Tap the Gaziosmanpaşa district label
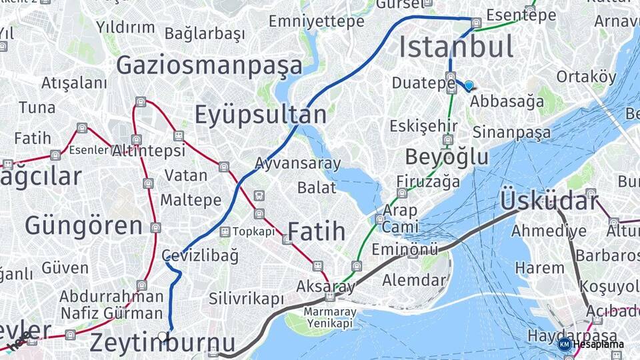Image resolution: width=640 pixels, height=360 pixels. [x=209, y=65]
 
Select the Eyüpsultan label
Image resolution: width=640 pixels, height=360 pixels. [x=260, y=115]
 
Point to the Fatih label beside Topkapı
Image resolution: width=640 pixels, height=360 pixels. [x=316, y=231]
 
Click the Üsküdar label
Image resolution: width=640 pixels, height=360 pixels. [x=548, y=200]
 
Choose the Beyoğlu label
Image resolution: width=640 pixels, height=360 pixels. [x=447, y=157]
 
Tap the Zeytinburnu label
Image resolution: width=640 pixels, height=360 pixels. [x=162, y=343]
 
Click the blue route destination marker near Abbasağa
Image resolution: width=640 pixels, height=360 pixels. [x=469, y=85]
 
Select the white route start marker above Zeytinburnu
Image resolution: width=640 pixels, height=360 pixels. [x=162, y=336]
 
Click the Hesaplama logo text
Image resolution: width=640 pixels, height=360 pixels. [x=598, y=345]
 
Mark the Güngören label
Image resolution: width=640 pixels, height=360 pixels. [x=83, y=225]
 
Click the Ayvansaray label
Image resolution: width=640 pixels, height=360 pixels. [x=297, y=163]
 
